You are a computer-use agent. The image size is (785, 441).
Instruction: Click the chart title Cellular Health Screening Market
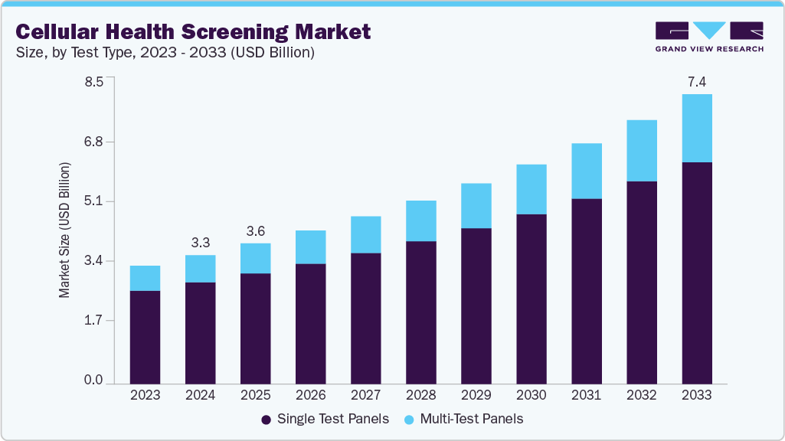[193, 31]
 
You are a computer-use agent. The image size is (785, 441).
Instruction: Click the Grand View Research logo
[709, 36]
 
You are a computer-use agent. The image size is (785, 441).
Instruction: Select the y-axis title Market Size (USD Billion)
[65, 230]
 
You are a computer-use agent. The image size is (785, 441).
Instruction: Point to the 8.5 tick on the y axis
[93, 83]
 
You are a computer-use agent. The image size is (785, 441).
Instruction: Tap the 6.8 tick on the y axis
[93, 142]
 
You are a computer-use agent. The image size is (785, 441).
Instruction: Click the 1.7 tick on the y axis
[93, 321]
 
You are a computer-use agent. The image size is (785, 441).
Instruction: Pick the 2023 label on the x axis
[145, 396]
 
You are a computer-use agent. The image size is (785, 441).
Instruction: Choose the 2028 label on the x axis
[420, 396]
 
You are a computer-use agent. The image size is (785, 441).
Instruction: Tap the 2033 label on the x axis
[696, 396]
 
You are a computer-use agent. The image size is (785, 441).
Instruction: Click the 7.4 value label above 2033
[696, 81]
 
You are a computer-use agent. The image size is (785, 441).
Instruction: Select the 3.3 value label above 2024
[200, 243]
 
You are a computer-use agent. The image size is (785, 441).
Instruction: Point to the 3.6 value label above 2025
[255, 231]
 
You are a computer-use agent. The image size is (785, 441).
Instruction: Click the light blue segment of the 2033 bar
[696, 128]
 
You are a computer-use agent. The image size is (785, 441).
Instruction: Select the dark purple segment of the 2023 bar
[145, 337]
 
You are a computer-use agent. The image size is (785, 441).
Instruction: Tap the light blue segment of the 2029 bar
[476, 205]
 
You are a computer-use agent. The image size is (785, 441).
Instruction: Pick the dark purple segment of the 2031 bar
[586, 291]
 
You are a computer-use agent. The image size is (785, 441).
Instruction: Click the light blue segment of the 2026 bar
[310, 247]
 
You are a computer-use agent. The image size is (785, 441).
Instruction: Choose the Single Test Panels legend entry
[325, 420]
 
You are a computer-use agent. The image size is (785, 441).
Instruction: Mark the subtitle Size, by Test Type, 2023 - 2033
[165, 53]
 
